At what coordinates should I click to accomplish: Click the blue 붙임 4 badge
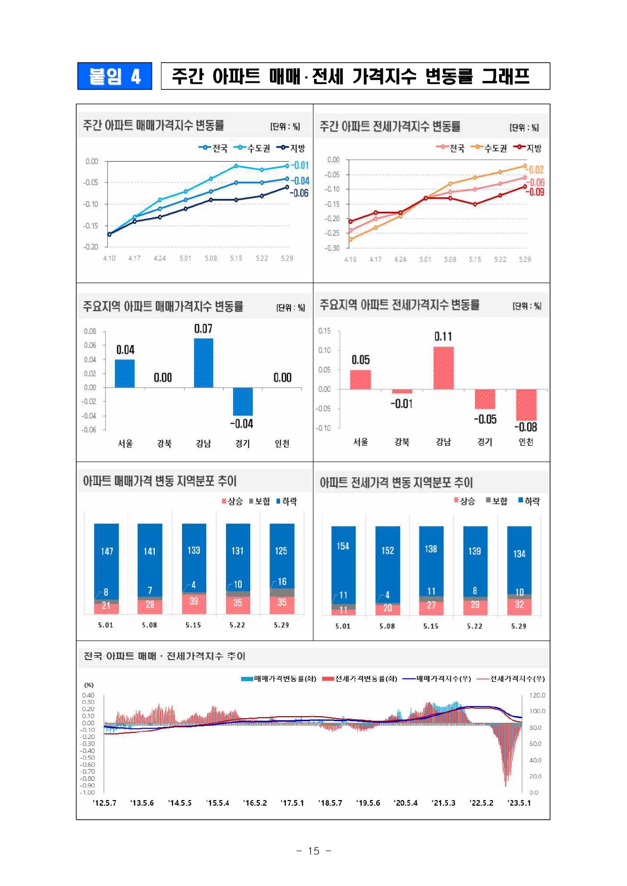click(115, 76)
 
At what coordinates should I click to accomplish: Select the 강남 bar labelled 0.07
click(203, 363)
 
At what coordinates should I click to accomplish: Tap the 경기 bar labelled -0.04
click(243, 401)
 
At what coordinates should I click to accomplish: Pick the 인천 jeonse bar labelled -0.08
click(526, 405)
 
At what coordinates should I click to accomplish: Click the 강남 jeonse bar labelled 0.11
click(443, 368)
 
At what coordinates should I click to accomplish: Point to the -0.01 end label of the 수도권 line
click(300, 165)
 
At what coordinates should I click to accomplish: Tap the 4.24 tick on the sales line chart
click(160, 258)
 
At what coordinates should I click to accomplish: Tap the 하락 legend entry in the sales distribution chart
click(287, 501)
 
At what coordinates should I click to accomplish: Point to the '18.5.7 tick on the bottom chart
click(330, 803)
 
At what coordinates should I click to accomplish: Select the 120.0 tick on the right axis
click(537, 695)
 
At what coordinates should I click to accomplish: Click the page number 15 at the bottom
click(313, 851)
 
